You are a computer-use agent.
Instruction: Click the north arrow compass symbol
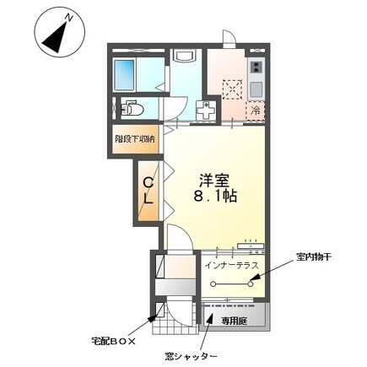coord(57,35)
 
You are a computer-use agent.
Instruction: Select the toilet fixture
coord(133,108)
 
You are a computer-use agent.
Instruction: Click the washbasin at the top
coord(184,57)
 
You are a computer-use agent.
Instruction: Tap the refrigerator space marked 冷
coord(255,111)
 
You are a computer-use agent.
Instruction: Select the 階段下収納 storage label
coord(136,138)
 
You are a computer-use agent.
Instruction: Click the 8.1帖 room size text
coord(217,197)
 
